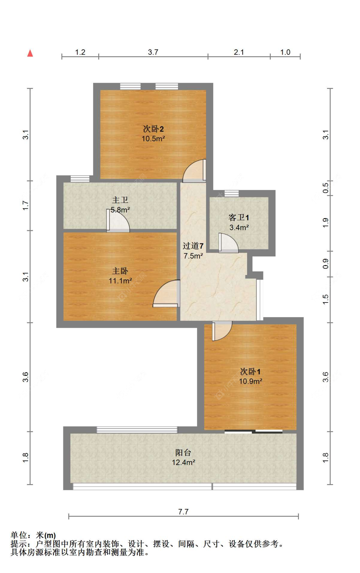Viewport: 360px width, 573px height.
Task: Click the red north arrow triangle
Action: [30, 53]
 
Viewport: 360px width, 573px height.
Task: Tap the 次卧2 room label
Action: [153, 129]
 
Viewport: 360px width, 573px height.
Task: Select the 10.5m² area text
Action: [153, 139]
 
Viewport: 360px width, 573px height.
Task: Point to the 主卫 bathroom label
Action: [120, 200]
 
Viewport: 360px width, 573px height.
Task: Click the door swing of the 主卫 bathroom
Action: [118, 221]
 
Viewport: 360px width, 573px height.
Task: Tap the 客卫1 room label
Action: [239, 218]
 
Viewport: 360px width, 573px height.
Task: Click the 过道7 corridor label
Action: [193, 246]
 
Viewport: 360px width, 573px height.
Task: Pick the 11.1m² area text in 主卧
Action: [120, 281]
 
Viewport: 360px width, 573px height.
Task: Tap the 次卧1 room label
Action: [250, 372]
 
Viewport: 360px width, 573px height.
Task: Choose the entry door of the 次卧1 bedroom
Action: [221, 331]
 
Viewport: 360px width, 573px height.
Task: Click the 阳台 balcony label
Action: [183, 452]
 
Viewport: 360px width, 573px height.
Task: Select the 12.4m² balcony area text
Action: [183, 462]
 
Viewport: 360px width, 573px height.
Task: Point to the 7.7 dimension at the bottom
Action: [183, 512]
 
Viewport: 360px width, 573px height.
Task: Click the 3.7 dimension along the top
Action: [153, 52]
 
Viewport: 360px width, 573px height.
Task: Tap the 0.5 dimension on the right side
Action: [325, 188]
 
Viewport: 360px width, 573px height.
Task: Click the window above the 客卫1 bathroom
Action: [231, 193]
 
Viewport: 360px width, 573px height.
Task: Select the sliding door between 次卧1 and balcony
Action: [253, 431]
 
